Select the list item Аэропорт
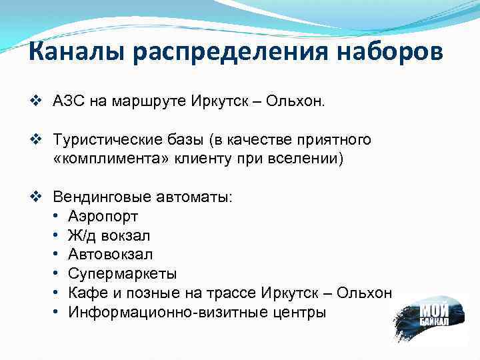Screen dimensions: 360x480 [x=103, y=217]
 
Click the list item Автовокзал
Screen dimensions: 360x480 [x=110, y=255]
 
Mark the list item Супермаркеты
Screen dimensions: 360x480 [x=123, y=274]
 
